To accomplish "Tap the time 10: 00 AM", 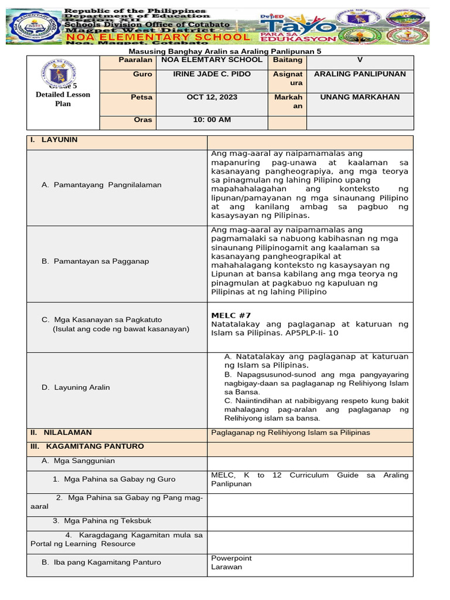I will click(212, 120).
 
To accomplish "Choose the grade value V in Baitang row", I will click(360, 60).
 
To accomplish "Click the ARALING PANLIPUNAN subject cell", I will click(360, 74).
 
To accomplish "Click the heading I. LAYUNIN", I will click(54, 139).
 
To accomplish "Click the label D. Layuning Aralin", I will click(76, 387).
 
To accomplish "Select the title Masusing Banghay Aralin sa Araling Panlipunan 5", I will click(225, 51).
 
